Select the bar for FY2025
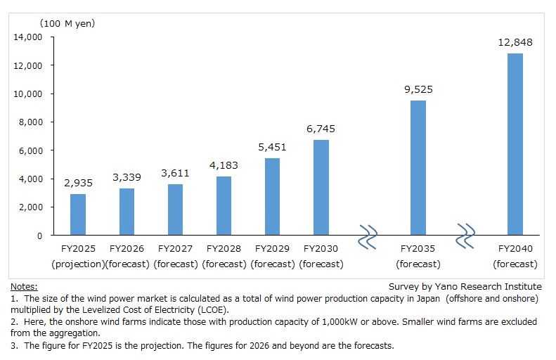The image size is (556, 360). point(78,214)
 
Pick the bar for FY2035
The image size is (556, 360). point(418,168)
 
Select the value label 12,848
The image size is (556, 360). point(515,42)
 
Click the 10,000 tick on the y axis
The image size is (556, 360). point(28,94)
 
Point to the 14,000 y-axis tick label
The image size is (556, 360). point(28,37)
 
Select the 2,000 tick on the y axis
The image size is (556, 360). point(31,207)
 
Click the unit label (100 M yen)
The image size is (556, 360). point(53,23)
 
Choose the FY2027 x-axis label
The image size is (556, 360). point(175,249)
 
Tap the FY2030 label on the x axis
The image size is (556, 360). point(321,249)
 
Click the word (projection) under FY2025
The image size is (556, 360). point(77,264)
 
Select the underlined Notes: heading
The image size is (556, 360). point(24,287)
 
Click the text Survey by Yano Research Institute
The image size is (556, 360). point(465,287)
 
